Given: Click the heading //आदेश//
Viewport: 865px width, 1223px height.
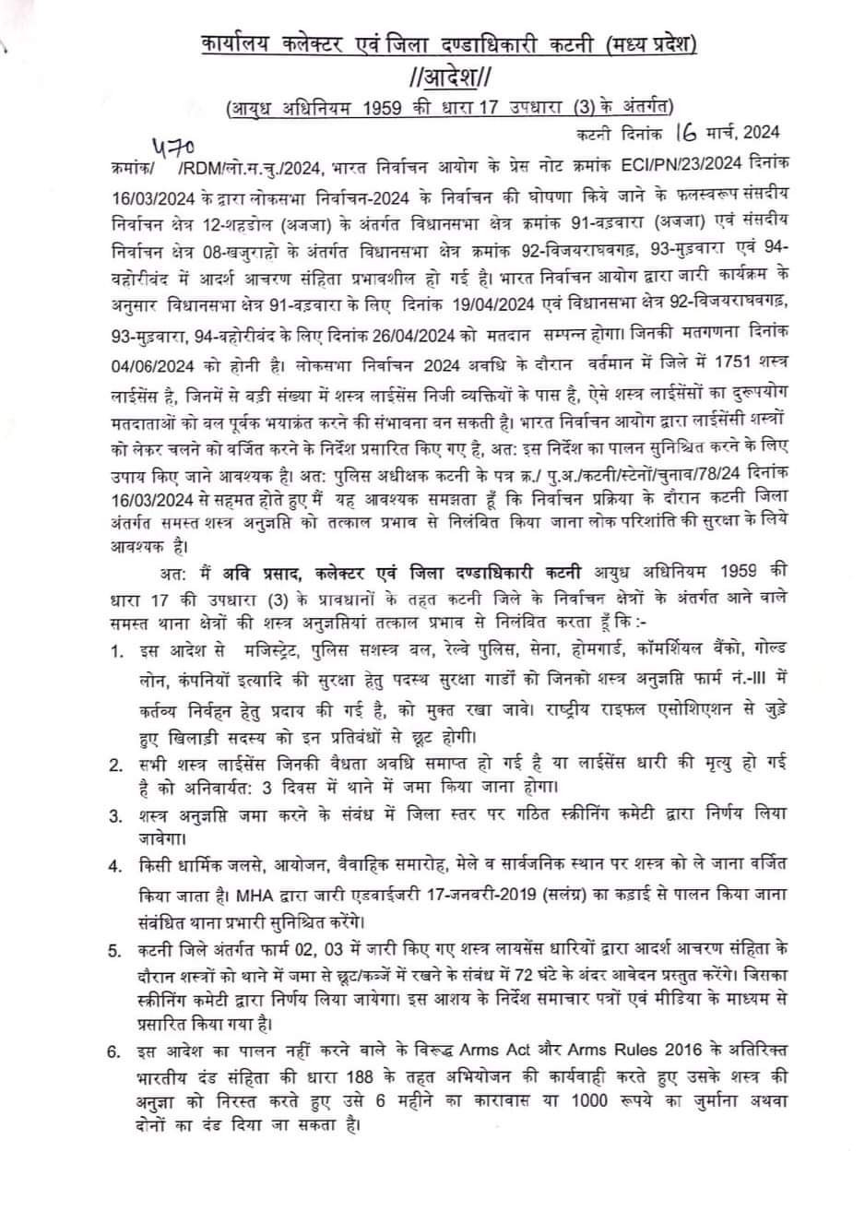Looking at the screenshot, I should click(450, 73).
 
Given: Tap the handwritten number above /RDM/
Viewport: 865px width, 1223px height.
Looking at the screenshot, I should click(172, 148).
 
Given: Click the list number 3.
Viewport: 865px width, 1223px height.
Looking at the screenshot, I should click(115, 816).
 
